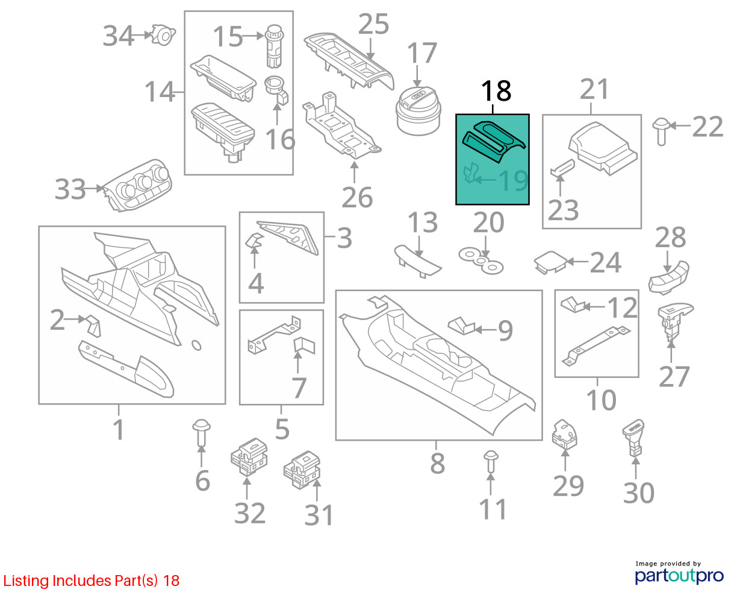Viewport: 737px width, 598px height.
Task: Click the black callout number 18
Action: pyautogui.click(x=496, y=91)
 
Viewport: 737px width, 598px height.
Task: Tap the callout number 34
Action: pyautogui.click(x=119, y=36)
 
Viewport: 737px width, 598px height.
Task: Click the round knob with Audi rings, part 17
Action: pyautogui.click(x=418, y=110)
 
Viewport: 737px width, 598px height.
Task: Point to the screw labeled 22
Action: pyautogui.click(x=661, y=131)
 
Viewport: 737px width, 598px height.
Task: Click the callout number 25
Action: pyautogui.click(x=373, y=24)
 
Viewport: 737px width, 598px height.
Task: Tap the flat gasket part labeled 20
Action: pyautogui.click(x=481, y=260)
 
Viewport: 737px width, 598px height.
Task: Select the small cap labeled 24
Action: pyautogui.click(x=550, y=263)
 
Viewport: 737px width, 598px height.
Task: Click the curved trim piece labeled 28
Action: pyautogui.click(x=668, y=278)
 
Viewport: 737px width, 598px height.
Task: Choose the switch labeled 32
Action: pyautogui.click(x=249, y=456)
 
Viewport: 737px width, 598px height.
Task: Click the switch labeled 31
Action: pyautogui.click(x=302, y=470)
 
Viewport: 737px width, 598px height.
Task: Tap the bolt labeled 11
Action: pyautogui.click(x=490, y=462)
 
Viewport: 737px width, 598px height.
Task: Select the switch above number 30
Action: pyautogui.click(x=634, y=438)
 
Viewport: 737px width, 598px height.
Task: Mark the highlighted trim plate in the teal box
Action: pyautogui.click(x=494, y=141)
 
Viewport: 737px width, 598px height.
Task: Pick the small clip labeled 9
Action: pyautogui.click(x=462, y=326)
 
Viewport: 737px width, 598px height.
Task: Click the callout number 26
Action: pyautogui.click(x=357, y=198)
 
